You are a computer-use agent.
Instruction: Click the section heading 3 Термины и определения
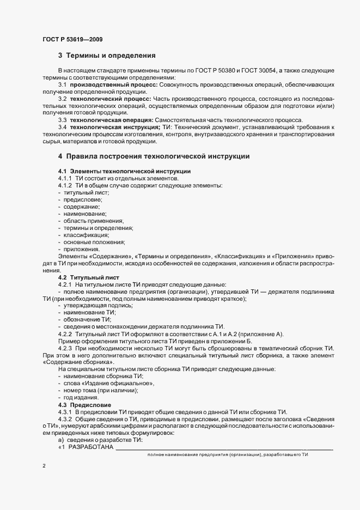pyautogui.click(x=107, y=56)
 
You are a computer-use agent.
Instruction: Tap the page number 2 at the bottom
pyautogui.click(x=43, y=466)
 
